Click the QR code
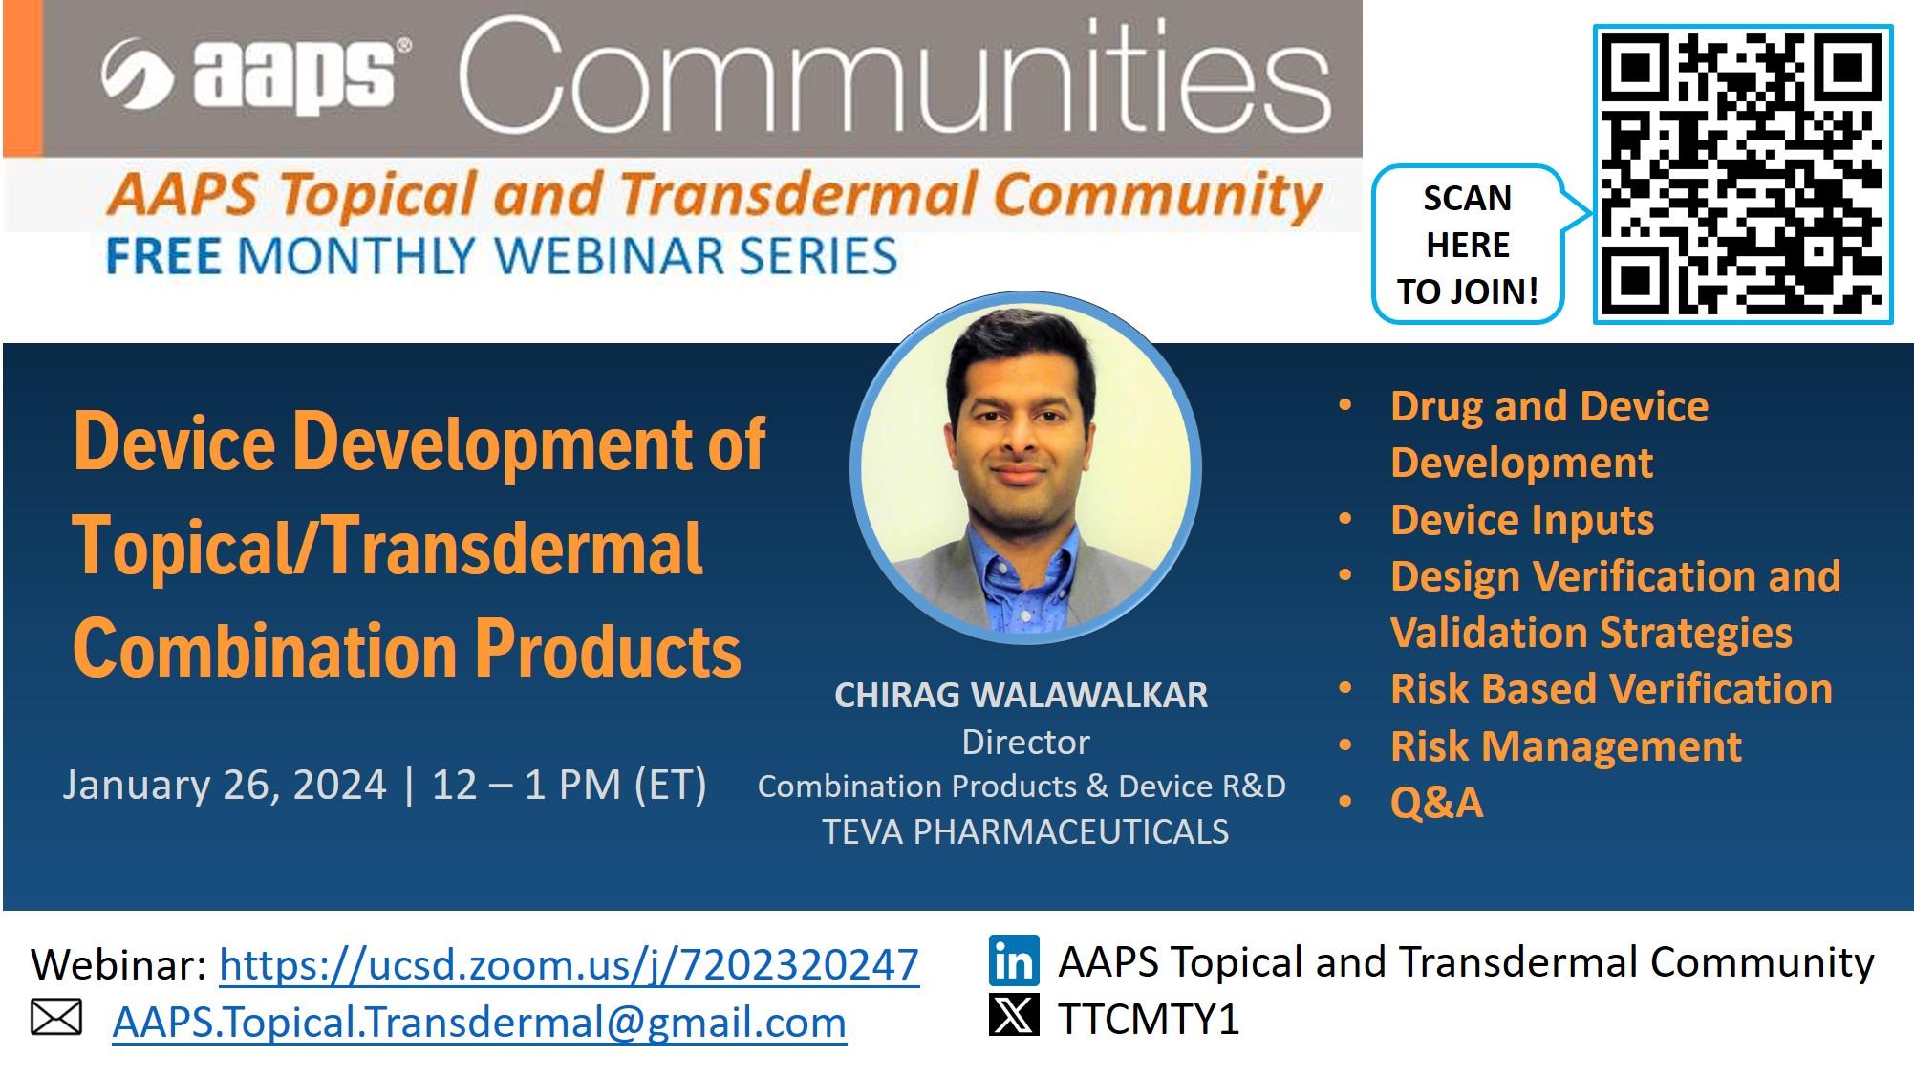coord(1743,174)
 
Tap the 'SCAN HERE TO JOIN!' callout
coord(1469,245)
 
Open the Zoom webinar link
coord(569,964)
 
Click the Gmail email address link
coord(479,1023)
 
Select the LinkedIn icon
coord(1014,961)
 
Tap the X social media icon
coord(1014,1015)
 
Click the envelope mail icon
coord(56,1018)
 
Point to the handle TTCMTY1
coord(1148,1019)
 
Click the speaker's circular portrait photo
coord(1025,468)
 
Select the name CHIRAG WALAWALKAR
coord(1021,695)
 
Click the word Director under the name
coord(1025,742)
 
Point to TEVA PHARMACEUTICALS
coord(1025,831)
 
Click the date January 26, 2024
coord(225,785)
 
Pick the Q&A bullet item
coord(1436,802)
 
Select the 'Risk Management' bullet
coord(1566,745)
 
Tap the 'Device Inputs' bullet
coord(1522,520)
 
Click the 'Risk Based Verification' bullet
coord(1611,689)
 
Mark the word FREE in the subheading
coord(163,256)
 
